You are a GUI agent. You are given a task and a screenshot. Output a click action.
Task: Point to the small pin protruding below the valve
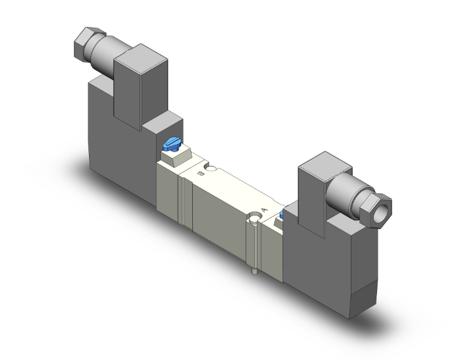click(x=253, y=272)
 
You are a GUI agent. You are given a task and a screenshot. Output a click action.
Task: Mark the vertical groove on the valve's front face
click(x=182, y=200)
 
